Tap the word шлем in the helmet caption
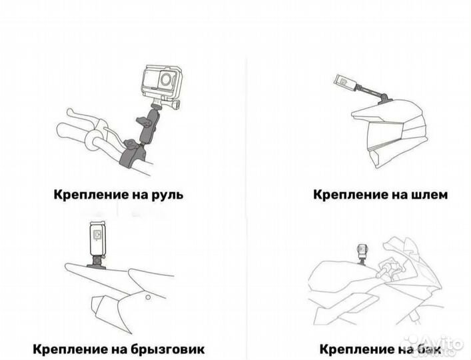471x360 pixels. [426, 195]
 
